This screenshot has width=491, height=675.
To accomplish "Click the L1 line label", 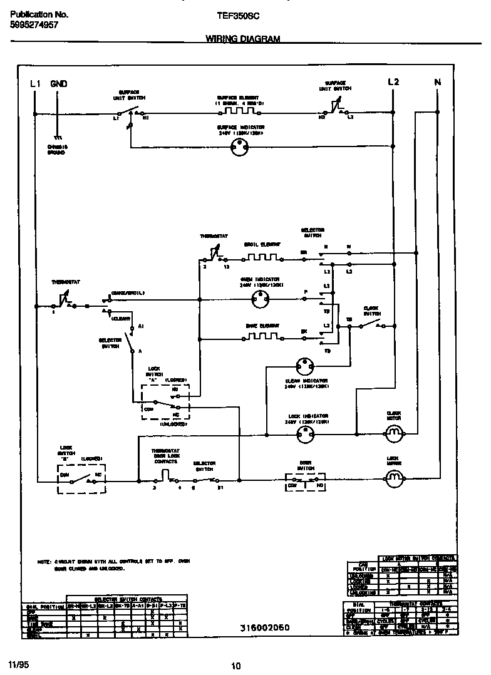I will pyautogui.click(x=35, y=83).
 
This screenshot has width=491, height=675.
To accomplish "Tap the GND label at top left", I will pyautogui.click(x=59, y=83).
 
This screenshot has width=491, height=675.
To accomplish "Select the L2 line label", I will pyautogui.click(x=393, y=82).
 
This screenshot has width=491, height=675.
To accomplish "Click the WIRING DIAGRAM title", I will pyautogui.click(x=242, y=39).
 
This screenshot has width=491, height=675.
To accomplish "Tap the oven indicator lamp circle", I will pyautogui.click(x=259, y=300).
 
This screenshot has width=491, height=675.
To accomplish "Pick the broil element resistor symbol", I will pyautogui.click(x=261, y=254).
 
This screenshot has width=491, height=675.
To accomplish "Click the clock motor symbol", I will pyautogui.click(x=393, y=432).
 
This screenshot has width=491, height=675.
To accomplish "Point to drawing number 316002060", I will pyautogui.click(x=264, y=627).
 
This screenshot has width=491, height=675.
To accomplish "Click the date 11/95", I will pyautogui.click(x=17, y=662).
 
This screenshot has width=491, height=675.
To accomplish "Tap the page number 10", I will pyautogui.click(x=235, y=666).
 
